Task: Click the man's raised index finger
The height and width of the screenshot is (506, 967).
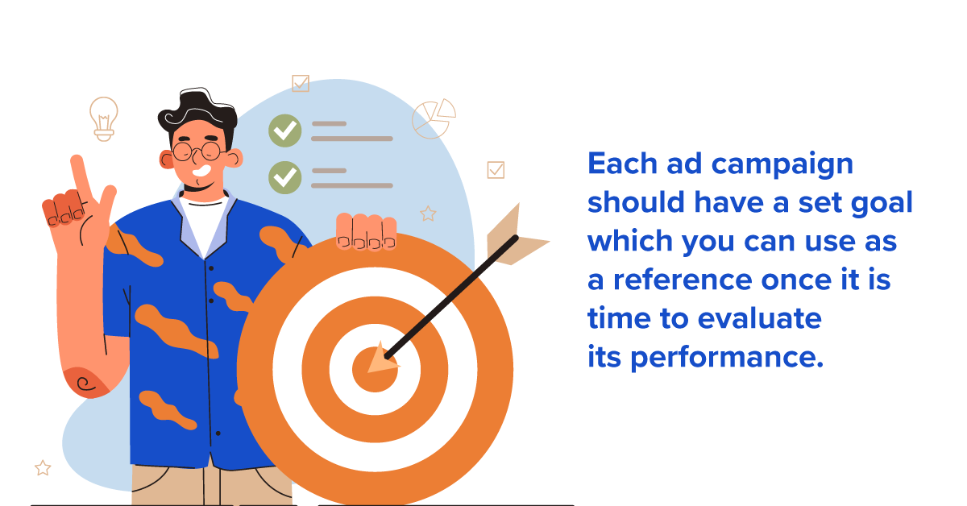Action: [x=80, y=174]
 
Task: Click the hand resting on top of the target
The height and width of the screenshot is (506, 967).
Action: [x=367, y=231]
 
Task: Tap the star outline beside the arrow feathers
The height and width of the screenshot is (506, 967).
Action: [x=428, y=214]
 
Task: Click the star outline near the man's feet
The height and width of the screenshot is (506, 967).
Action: [x=43, y=467]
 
